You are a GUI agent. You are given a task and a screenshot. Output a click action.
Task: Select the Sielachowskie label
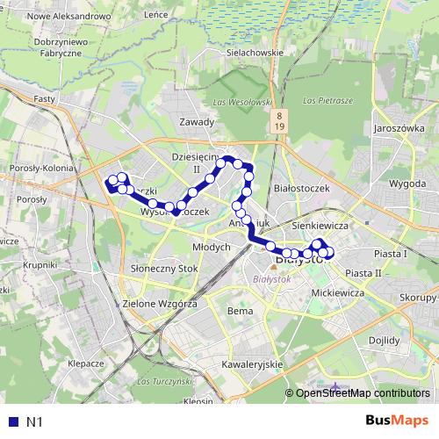point(254,52)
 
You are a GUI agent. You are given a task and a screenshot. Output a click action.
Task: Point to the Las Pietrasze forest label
point(327,101)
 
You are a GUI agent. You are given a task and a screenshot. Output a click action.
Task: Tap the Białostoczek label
point(301,187)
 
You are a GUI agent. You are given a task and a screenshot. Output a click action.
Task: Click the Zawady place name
point(196,122)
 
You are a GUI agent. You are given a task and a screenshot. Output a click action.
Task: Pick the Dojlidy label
point(385,340)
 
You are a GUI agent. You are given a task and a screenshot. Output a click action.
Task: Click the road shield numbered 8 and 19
point(278,121)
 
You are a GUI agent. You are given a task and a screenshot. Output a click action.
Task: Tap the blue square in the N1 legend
point(13,421)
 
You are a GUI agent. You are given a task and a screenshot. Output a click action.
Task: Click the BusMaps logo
point(397,421)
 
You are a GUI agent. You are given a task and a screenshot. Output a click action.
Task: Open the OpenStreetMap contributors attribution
point(362,393)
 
